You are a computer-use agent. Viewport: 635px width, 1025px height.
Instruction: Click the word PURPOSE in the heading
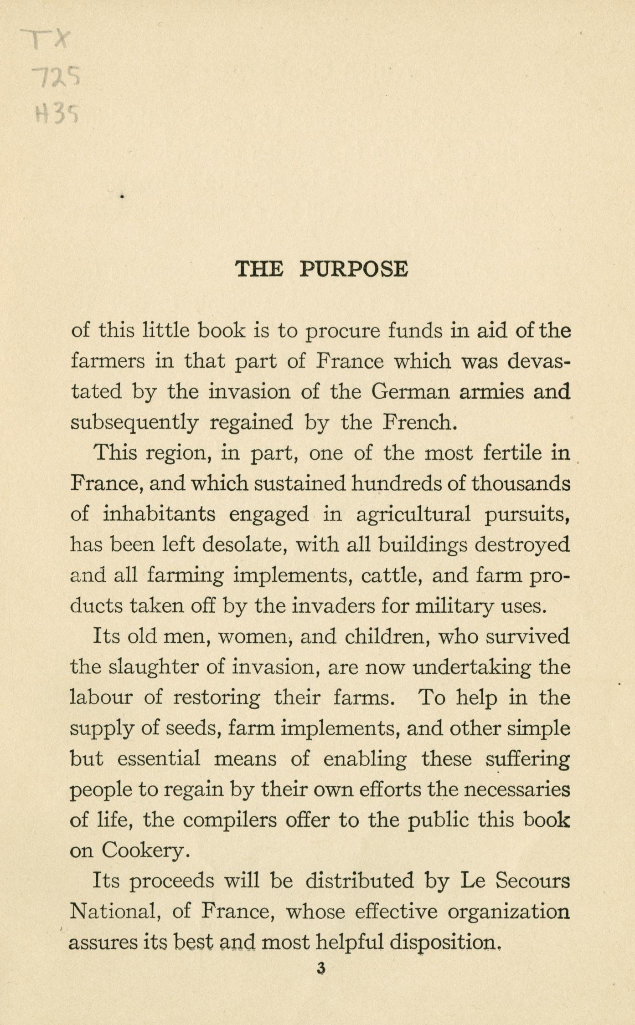click(354, 269)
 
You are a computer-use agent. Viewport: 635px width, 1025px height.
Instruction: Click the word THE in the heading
click(259, 269)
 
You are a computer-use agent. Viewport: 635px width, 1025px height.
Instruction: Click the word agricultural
click(413, 515)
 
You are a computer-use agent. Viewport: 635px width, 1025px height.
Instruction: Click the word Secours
click(532, 881)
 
